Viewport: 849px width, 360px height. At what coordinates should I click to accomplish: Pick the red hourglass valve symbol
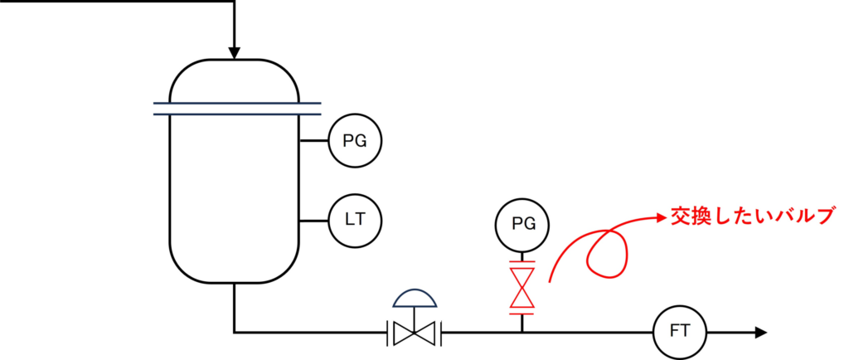click(522, 287)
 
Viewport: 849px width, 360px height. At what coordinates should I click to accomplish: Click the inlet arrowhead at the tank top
click(234, 54)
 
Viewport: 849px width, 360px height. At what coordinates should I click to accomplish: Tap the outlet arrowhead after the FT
click(759, 333)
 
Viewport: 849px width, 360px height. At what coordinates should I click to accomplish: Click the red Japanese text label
click(750, 217)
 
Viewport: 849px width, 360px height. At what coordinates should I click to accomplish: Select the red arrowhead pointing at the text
click(660, 218)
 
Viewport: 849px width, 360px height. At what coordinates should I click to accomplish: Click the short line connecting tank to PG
click(315, 142)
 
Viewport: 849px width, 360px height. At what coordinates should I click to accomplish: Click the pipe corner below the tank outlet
click(234, 333)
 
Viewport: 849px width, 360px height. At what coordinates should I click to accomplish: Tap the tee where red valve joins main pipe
click(522, 332)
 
